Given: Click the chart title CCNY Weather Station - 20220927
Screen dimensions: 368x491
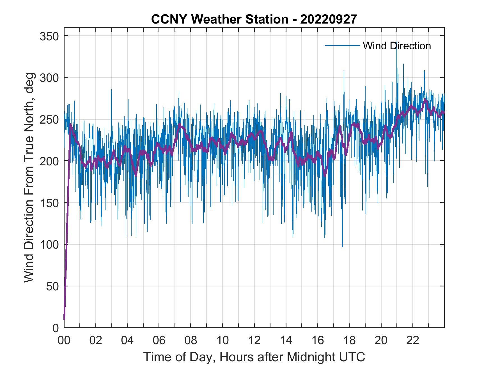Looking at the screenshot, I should [x=254, y=19].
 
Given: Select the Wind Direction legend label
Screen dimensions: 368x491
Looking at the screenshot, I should [x=397, y=46].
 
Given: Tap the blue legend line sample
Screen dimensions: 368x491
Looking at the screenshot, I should [x=342, y=45].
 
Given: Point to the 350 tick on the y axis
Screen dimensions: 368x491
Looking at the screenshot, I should [x=49, y=36].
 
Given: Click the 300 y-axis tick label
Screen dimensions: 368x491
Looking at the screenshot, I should [x=49, y=78].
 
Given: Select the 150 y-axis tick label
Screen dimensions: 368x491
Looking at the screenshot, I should [x=49, y=203].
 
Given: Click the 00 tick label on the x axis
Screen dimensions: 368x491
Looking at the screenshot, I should [x=64, y=341].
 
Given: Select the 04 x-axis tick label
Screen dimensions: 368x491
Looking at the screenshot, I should [x=127, y=341].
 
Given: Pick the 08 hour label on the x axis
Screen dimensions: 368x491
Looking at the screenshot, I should [x=191, y=341].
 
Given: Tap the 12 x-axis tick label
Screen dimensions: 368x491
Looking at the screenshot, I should [x=254, y=341].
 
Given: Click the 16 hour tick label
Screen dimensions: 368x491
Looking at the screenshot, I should [x=318, y=341].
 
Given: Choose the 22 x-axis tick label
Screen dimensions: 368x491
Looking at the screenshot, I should [x=413, y=341].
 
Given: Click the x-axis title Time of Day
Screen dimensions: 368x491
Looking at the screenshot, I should [x=254, y=357].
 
